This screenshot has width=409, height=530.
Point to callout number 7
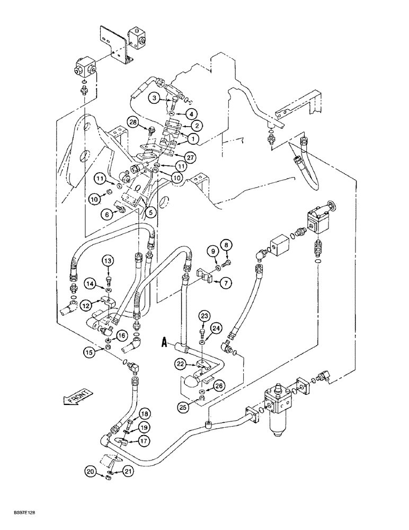226,284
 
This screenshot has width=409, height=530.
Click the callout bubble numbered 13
108,261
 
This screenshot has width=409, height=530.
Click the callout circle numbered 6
108,215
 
